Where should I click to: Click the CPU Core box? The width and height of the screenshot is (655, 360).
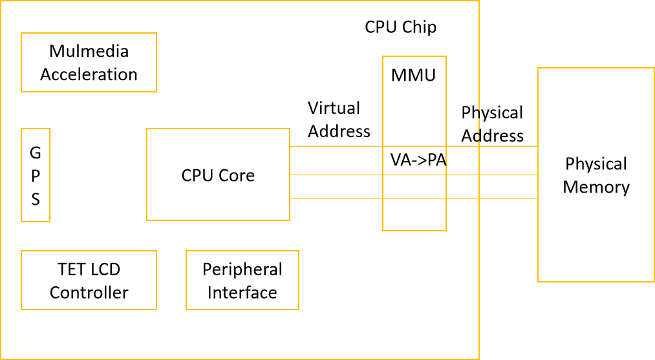[x=218, y=175]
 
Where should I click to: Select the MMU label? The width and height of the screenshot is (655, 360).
[x=414, y=75]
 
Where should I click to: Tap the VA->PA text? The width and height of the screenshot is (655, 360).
[x=418, y=160]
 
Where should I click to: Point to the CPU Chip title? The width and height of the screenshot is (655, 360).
[x=400, y=27]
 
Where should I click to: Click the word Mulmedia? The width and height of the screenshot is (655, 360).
[x=89, y=51]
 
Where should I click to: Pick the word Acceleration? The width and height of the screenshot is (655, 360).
[x=89, y=74]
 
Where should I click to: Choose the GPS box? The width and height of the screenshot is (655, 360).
[x=36, y=175]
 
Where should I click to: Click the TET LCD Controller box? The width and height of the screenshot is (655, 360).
[x=89, y=281]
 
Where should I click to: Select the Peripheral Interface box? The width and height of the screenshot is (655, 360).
[x=242, y=281]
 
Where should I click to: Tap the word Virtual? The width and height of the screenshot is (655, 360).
[x=334, y=108]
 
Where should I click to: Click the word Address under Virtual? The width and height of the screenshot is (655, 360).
[x=339, y=131]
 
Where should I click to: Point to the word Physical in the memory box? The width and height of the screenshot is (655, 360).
[x=596, y=164]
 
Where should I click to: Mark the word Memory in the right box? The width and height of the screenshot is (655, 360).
[x=596, y=187]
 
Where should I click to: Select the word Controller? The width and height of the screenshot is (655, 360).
[x=89, y=292]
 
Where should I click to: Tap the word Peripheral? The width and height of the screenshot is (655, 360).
[x=242, y=269]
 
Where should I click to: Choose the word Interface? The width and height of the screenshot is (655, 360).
[x=242, y=292]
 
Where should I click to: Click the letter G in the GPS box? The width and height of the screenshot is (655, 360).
[x=36, y=153]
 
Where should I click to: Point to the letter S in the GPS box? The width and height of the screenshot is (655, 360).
[x=36, y=199]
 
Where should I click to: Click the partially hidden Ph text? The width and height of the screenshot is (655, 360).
[x=470, y=112]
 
